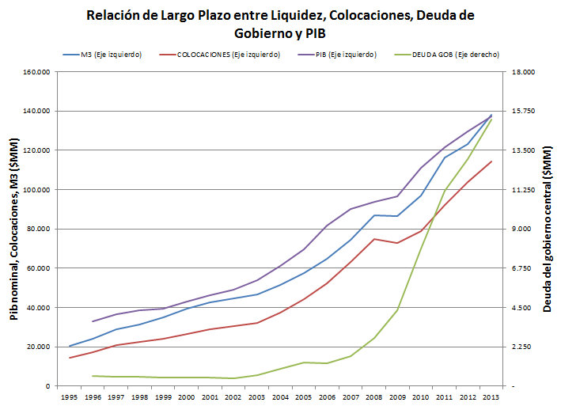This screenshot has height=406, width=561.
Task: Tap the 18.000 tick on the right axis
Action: (x=521, y=72)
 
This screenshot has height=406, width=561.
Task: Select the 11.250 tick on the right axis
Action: (x=521, y=190)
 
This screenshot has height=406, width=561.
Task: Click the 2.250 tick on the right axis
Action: (x=520, y=347)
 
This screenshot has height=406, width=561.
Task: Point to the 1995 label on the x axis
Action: (x=70, y=397)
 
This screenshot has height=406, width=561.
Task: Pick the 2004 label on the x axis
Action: (x=281, y=397)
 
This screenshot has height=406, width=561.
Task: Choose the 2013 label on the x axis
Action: (x=491, y=397)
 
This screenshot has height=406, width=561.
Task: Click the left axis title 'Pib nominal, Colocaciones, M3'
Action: (x=13, y=230)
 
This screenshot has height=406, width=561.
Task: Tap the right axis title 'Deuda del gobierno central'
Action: (x=547, y=230)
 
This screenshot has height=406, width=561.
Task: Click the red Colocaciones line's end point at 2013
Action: (x=491, y=161)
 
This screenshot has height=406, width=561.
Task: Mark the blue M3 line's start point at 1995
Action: (x=70, y=346)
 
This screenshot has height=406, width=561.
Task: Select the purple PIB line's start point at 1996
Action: (x=93, y=321)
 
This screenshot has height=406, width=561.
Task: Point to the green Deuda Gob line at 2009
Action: (x=397, y=309)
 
